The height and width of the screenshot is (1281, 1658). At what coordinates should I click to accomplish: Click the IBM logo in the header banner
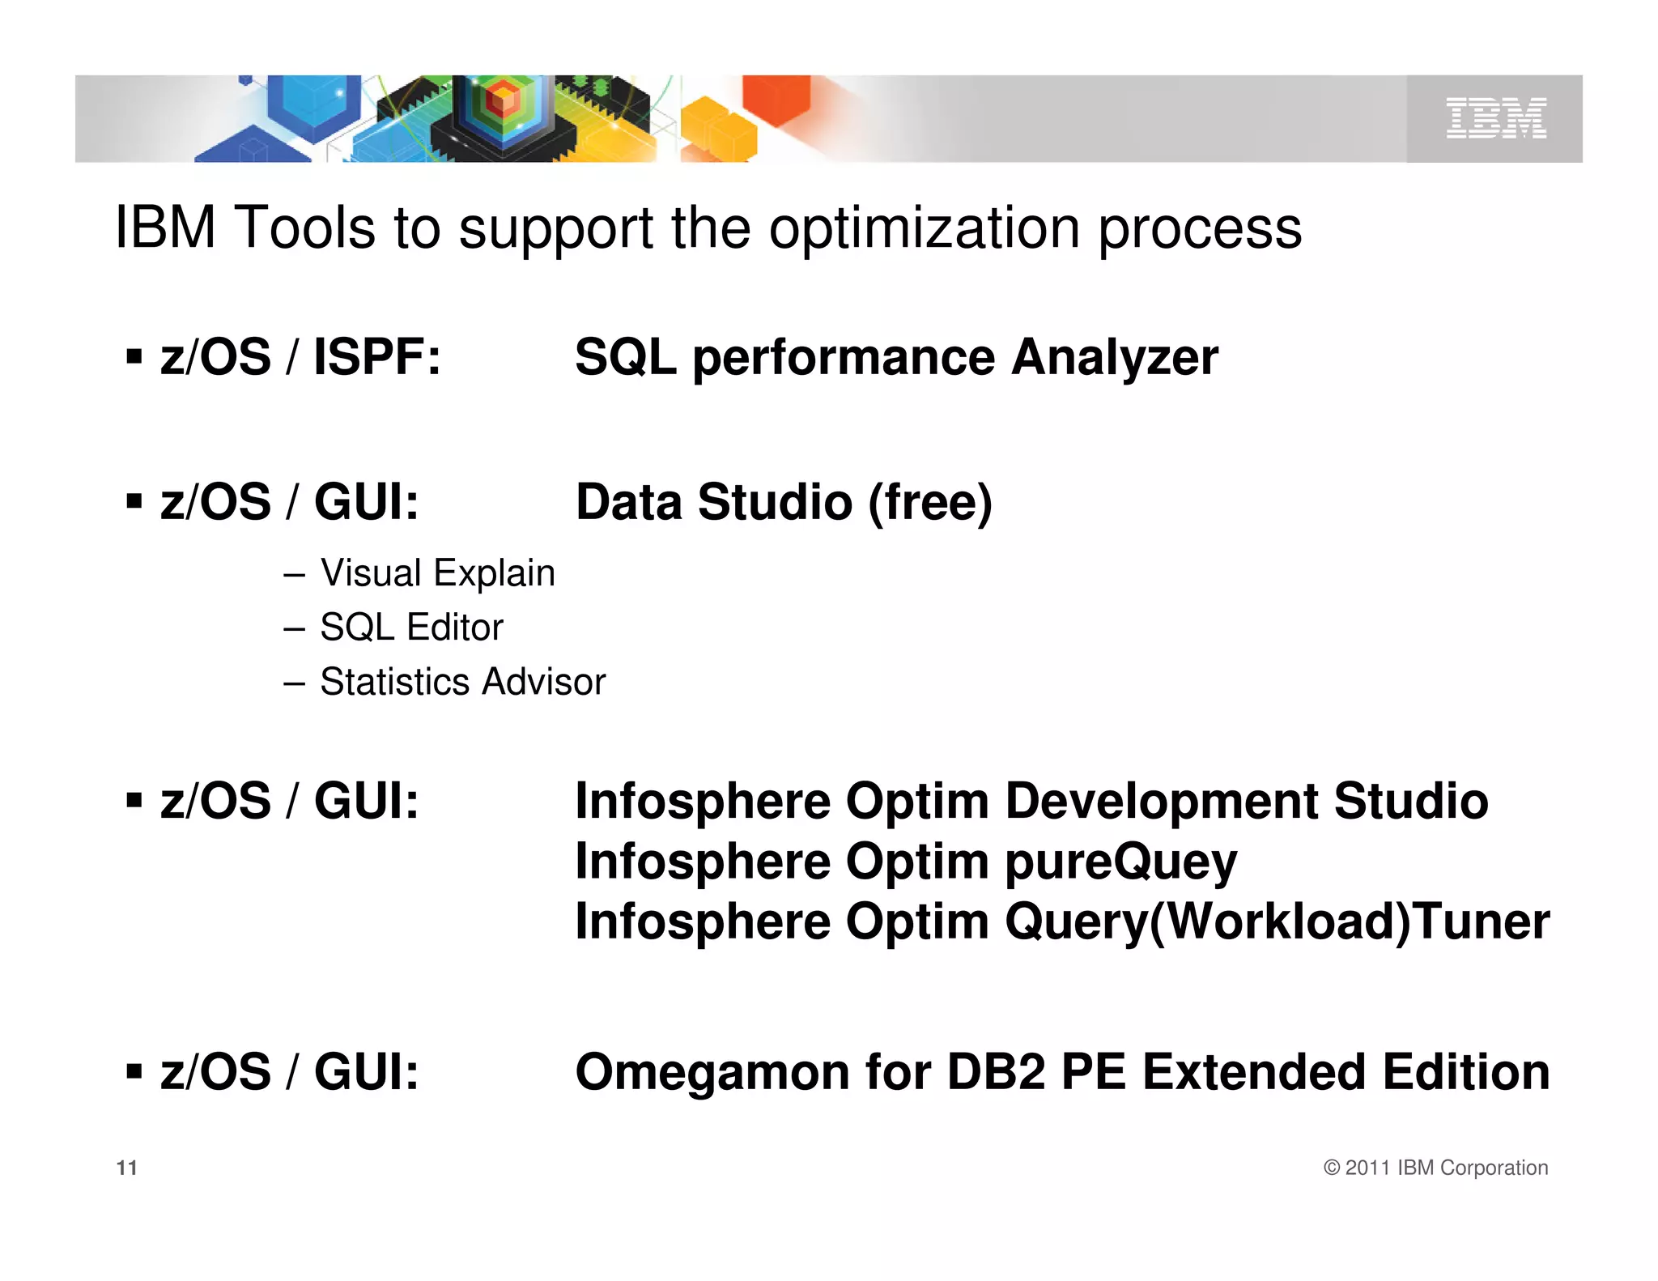click(1496, 118)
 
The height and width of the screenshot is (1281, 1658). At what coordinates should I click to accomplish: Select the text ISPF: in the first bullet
click(377, 357)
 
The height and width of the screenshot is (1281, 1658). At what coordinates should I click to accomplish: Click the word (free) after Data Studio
click(930, 502)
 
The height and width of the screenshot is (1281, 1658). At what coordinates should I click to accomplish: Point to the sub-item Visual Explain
click(437, 573)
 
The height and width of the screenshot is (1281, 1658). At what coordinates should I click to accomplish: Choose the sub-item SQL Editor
click(411, 628)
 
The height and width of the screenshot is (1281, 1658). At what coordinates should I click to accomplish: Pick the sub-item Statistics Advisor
click(462, 682)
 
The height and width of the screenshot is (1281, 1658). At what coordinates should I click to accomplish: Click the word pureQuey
click(1120, 862)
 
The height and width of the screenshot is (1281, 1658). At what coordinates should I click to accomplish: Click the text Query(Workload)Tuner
click(1277, 921)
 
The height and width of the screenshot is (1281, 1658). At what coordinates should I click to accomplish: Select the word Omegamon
click(712, 1072)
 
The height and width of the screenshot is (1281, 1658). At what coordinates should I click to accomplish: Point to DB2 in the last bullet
click(996, 1072)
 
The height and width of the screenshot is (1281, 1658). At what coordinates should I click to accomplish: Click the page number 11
click(127, 1168)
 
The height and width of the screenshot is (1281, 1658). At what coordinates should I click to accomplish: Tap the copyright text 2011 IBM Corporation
click(1446, 1168)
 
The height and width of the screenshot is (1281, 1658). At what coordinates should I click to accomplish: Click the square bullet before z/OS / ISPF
click(134, 356)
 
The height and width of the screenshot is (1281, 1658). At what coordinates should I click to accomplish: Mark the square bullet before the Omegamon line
click(134, 1072)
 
